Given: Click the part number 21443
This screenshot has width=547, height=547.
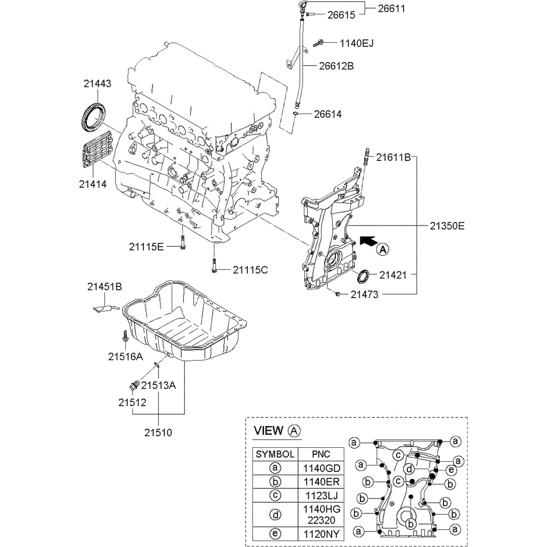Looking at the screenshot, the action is pos(98,84).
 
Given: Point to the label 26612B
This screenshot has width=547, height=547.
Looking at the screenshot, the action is pos(336,66).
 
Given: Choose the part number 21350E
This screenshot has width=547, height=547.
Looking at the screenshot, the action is pos(447,226).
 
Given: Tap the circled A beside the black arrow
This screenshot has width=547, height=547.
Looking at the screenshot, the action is pos(383,250).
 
